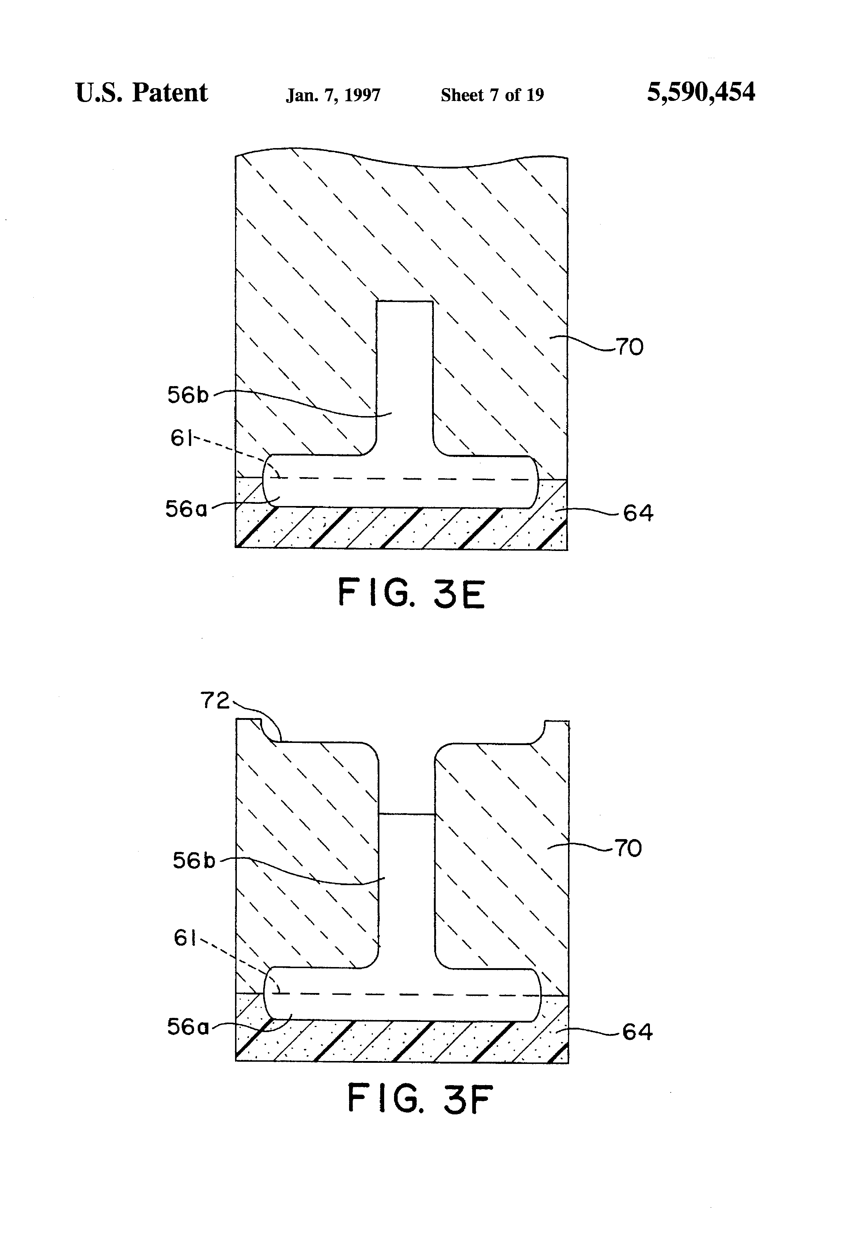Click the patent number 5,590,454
click(x=701, y=92)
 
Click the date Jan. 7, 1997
click(x=333, y=95)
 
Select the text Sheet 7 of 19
click(x=492, y=95)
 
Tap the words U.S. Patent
click(x=141, y=93)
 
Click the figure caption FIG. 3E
click(x=411, y=593)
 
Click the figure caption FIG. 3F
click(x=420, y=1098)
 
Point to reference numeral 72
click(x=215, y=700)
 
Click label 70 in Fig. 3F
click(x=628, y=848)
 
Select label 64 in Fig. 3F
click(x=637, y=1031)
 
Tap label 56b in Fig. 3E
click(x=188, y=395)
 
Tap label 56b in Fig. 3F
click(x=193, y=861)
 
